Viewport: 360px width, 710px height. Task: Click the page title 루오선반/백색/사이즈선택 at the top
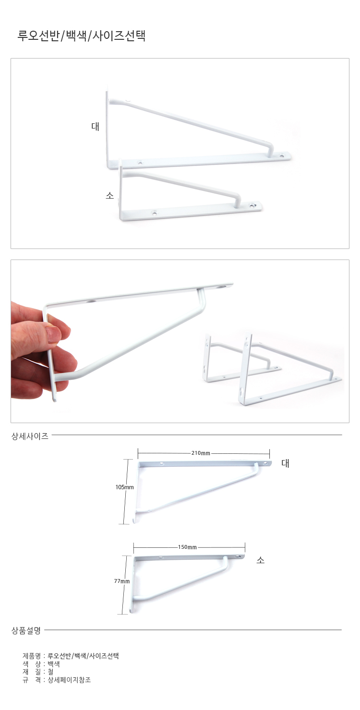coord(81,36)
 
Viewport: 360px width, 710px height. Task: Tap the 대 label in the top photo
coord(96,127)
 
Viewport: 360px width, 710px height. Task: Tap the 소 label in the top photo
coord(110,196)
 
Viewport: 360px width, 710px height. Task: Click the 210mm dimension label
coord(201,453)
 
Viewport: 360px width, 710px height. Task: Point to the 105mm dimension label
coord(125,487)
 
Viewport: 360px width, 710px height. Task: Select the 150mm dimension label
coord(187,547)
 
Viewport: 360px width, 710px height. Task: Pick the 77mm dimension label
coord(122,581)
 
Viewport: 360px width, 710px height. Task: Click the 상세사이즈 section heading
coord(30,436)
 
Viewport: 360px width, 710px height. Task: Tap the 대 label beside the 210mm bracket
coord(286,463)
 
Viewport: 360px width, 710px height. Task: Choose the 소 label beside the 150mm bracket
coord(261,560)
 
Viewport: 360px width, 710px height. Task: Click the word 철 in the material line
coord(51,672)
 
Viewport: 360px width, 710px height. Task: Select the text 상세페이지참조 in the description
coord(69,680)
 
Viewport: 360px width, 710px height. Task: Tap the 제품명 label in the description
coord(32,656)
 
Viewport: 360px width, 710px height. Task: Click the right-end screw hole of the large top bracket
coord(282,155)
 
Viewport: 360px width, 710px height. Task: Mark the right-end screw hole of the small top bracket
coord(253,205)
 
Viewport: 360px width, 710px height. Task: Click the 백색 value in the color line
coord(54,664)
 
